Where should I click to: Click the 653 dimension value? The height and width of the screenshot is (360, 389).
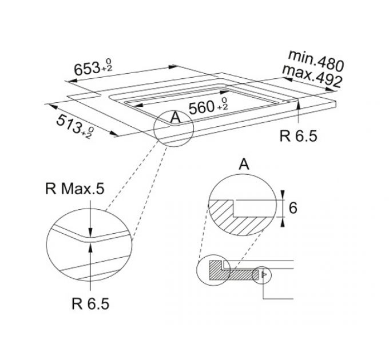(x=87, y=69)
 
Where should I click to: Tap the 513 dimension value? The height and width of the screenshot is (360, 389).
(x=69, y=124)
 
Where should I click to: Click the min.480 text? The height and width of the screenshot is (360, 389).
(x=316, y=61)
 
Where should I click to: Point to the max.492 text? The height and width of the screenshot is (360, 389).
(x=312, y=75)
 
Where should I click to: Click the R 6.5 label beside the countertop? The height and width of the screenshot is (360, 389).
(x=299, y=136)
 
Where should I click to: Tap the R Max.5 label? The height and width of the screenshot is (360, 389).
(x=75, y=189)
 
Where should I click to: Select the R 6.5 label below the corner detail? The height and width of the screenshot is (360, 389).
(x=90, y=303)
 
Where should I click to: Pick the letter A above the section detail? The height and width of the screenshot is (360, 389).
(x=244, y=164)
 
